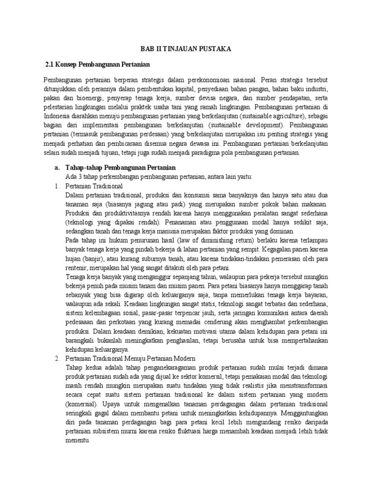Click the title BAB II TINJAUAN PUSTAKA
tap(186, 48)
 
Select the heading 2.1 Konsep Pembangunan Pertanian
tap(97, 64)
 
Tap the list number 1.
tap(55, 186)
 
